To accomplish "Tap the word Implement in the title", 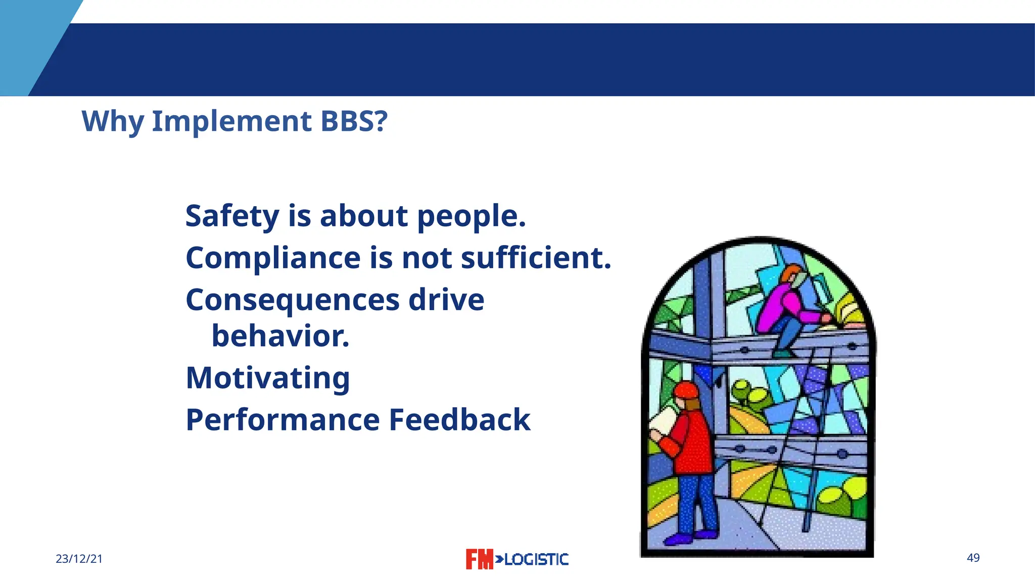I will coord(231,121).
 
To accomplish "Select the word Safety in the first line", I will coord(232,216).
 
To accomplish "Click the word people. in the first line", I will coord(471,216).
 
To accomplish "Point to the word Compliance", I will coord(273,258).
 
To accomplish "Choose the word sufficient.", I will coord(536,258).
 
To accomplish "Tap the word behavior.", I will coord(280,336).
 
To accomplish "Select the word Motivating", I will coord(268,378).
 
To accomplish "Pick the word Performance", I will coord(283,420).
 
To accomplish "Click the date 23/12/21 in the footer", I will coord(79,559).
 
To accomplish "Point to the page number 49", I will coord(973,558).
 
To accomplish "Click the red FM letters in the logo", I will coord(479,559).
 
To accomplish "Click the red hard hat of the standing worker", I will coord(686,390).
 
